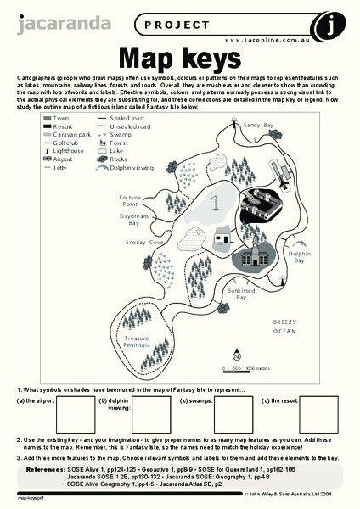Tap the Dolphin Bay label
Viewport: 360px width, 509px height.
coord(300,257)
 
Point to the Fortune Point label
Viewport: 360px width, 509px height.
coord(129,200)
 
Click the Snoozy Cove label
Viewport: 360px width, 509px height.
coord(144,242)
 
